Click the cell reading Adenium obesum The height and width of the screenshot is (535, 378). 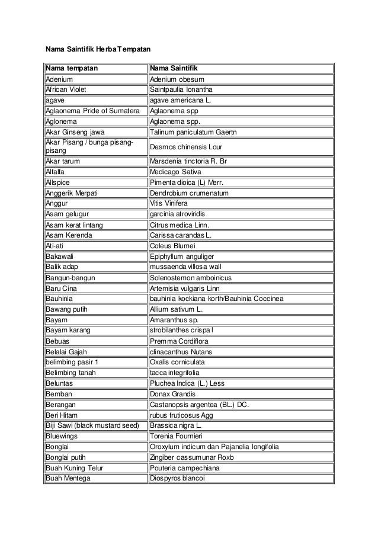point(178,79)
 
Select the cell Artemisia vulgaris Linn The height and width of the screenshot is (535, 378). point(185,289)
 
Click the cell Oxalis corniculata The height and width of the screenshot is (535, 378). point(180,362)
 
